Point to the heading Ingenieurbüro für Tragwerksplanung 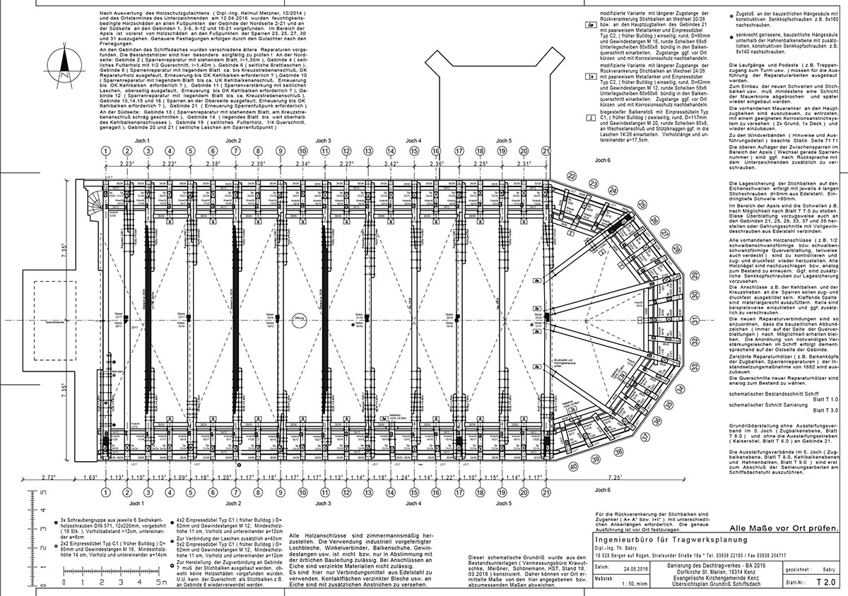tap(672, 541)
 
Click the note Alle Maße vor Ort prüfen tap(784, 528)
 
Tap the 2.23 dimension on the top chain tap(126, 163)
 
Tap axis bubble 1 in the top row tap(105, 151)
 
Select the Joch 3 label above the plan tap(323, 141)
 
